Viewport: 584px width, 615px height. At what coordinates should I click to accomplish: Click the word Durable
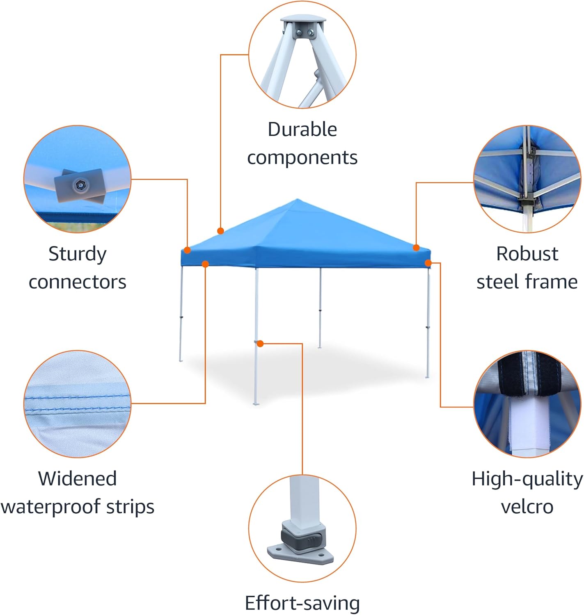302,130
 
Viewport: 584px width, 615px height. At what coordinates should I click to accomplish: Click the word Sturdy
77,254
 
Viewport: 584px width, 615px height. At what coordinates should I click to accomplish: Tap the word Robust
527,254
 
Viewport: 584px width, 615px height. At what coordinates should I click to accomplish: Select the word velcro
527,507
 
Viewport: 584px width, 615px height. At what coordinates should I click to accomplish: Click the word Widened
77,478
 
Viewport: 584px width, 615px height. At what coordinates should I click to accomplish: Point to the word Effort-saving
302,603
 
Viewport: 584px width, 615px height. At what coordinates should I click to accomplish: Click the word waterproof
51,507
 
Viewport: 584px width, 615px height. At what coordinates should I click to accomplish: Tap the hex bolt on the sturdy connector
80,185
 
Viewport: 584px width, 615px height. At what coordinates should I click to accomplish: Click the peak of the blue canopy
297,200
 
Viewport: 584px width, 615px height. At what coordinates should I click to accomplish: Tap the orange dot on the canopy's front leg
260,344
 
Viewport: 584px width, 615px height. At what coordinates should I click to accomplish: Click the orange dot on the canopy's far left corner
187,250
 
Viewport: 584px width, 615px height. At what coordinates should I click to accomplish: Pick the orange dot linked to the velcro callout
428,263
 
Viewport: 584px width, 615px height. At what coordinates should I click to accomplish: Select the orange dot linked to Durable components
220,231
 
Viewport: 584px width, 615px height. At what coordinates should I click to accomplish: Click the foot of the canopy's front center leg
256,404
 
